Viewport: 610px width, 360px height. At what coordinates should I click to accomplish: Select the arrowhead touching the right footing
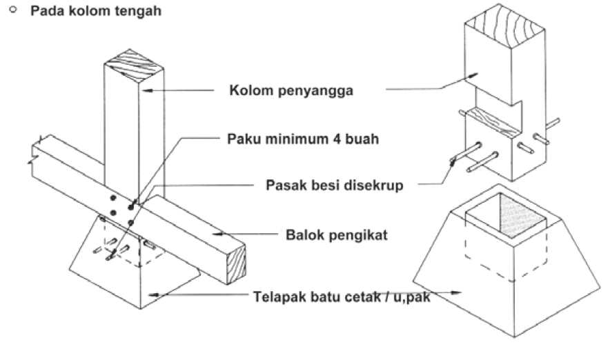point(458,293)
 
